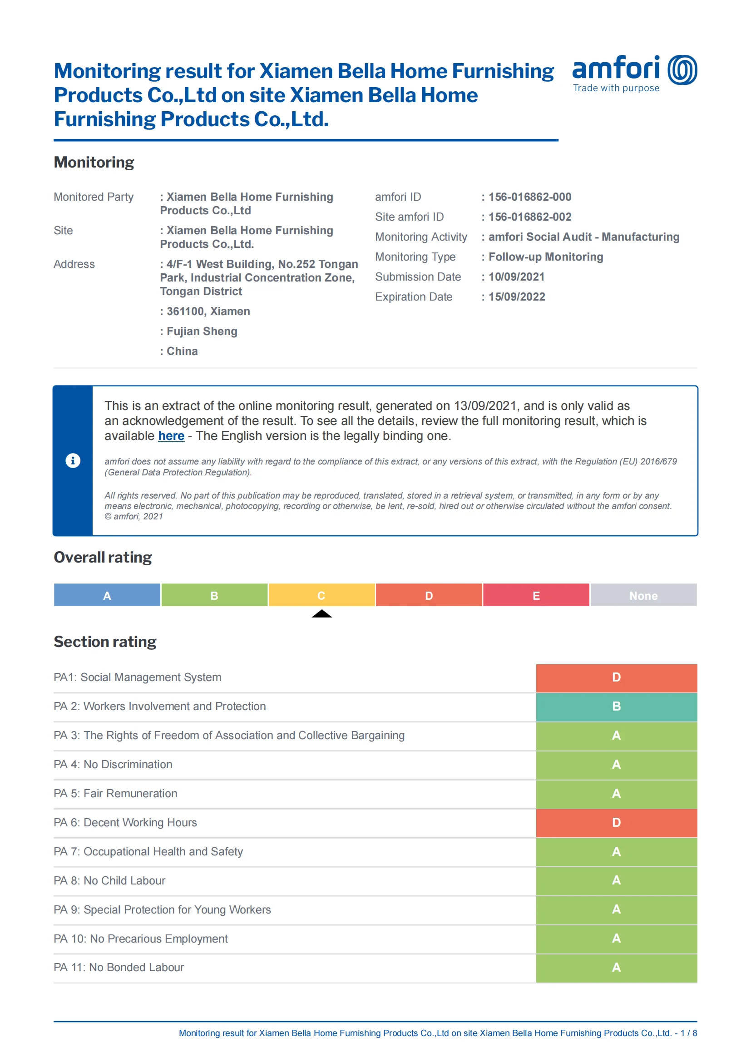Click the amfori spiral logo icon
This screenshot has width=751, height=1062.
[x=682, y=70]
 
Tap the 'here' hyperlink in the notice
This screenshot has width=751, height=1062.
[x=171, y=436]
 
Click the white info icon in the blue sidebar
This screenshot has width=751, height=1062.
[x=73, y=461]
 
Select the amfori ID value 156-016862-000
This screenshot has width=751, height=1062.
[x=529, y=197]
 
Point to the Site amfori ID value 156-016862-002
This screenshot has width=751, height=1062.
[x=529, y=217]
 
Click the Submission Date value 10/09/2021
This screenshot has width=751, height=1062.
[x=516, y=277]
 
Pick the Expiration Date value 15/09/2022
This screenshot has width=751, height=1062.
[x=517, y=297]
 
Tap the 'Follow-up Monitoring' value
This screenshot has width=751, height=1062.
[x=546, y=257]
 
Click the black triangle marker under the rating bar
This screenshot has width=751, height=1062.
[x=321, y=614]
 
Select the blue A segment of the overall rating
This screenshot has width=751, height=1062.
[x=107, y=595]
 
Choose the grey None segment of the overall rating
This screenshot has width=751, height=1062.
[x=643, y=595]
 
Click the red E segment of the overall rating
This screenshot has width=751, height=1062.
[x=536, y=595]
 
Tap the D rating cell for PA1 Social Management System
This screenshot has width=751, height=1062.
[x=616, y=677]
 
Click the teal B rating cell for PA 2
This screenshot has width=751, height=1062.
[x=616, y=707]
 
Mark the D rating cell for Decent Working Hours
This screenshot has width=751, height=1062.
[x=616, y=823]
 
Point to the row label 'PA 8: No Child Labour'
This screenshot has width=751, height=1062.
[x=109, y=881]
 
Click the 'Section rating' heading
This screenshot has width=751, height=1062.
[x=105, y=642]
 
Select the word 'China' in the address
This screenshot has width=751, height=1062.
[x=182, y=351]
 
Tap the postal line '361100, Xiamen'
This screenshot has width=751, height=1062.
[x=208, y=311]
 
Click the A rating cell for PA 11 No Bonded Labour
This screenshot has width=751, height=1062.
[x=616, y=968]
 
